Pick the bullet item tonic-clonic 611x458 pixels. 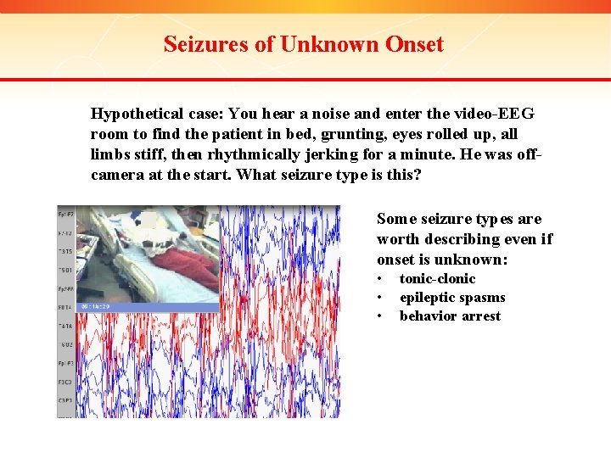coord(437,278)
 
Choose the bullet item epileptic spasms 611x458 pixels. coord(452,297)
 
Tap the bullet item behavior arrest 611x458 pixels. coord(450,316)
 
